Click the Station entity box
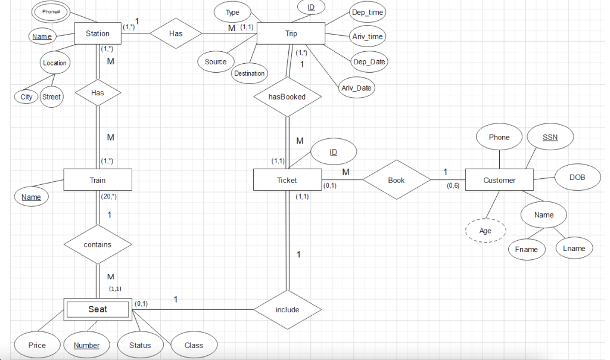98,33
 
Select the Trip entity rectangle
291,33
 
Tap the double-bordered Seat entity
98,309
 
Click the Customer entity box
499,180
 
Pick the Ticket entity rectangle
287,180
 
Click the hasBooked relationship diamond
288,97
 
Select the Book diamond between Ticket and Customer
396,180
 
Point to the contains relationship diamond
98,244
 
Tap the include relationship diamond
288,309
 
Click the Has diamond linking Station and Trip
176,33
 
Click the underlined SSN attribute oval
550,137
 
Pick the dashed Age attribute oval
485,231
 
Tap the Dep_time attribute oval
368,12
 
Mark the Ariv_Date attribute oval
356,88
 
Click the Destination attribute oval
249,73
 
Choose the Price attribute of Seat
37,345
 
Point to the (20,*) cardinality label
109,196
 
